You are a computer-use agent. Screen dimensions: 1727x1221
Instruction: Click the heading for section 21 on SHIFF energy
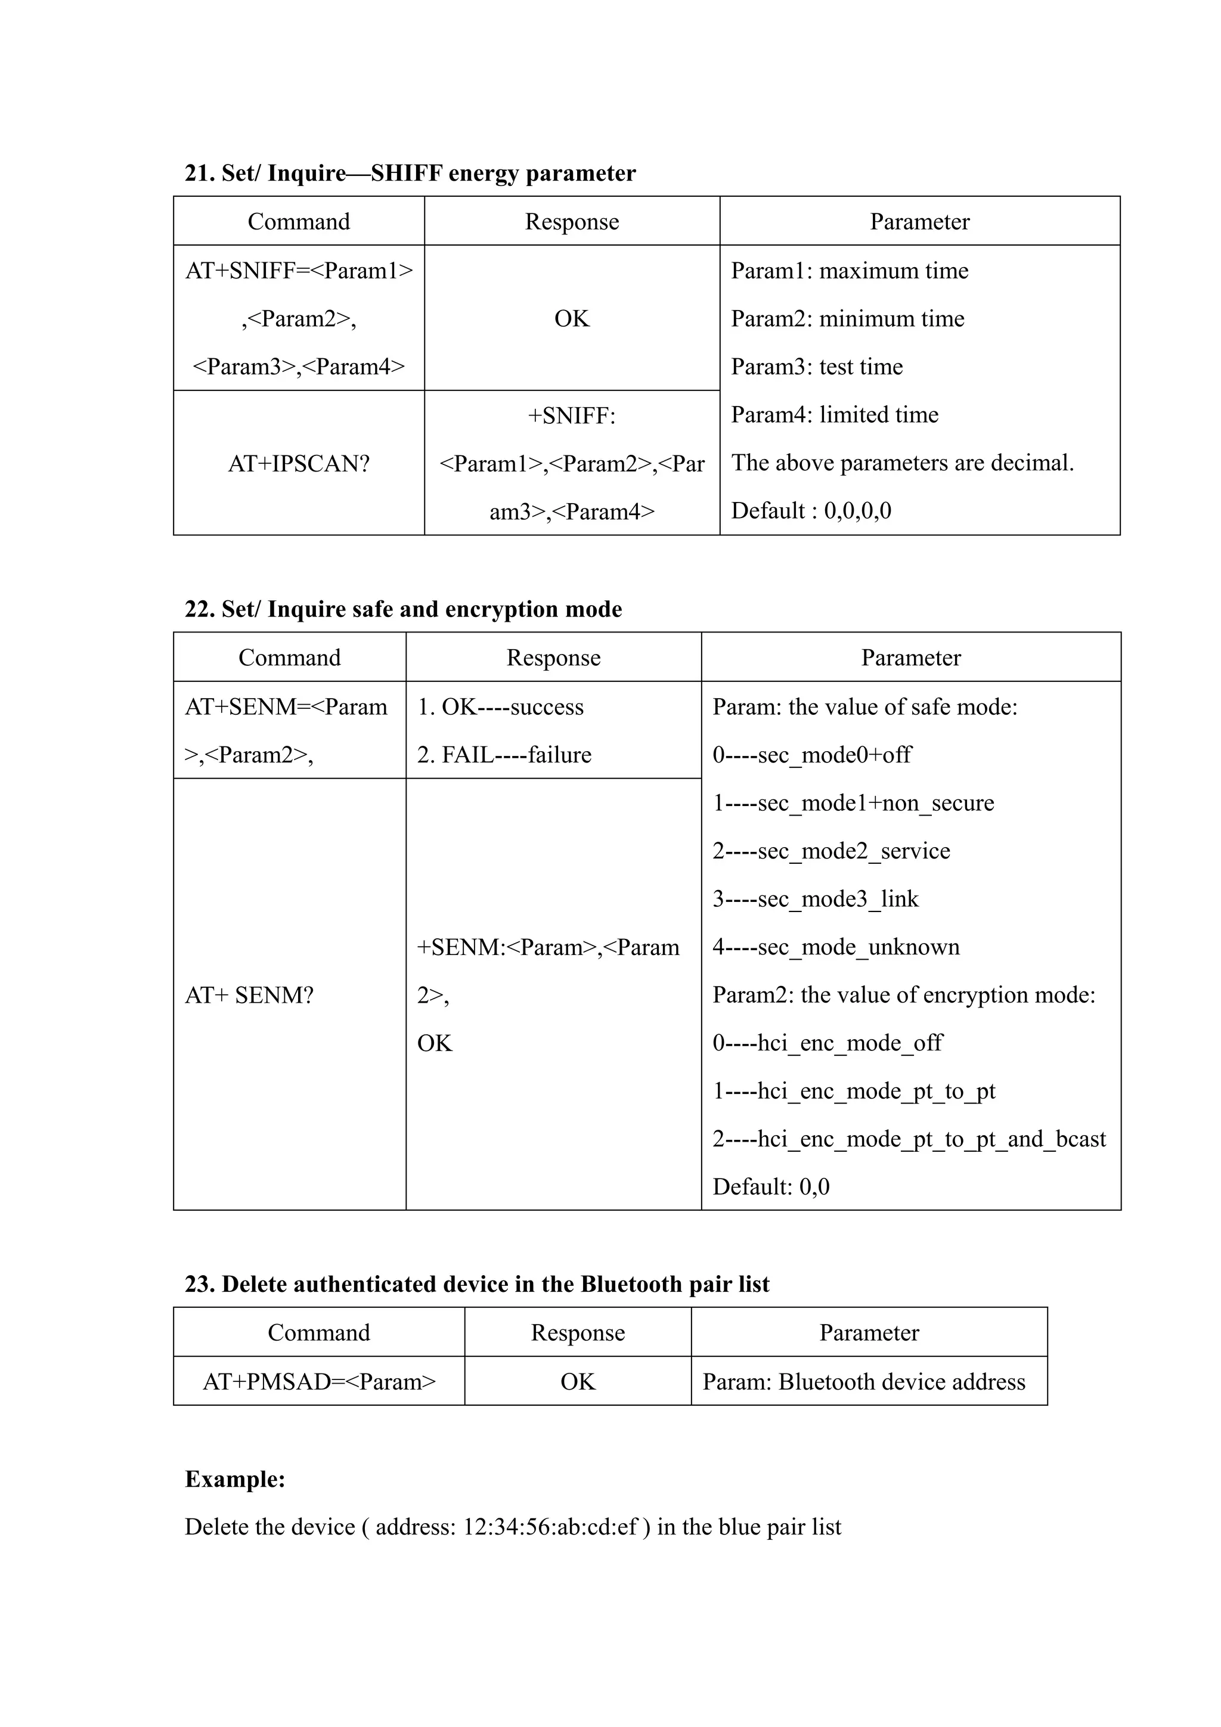tap(410, 173)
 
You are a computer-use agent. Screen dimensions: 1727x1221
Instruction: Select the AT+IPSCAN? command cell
tap(299, 463)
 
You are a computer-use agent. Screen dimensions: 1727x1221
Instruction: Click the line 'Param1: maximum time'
tap(850, 270)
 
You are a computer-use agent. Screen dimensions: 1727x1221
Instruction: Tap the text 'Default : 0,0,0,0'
tap(811, 511)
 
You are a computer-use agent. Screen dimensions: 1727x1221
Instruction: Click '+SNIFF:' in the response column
tap(572, 415)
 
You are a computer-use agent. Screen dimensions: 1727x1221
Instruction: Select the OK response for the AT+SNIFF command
tap(572, 318)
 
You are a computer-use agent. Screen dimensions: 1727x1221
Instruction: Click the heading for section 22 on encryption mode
tap(403, 609)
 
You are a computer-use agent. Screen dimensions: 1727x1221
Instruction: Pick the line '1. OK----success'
tap(500, 706)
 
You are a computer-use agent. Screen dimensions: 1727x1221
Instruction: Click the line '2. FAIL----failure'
tap(504, 755)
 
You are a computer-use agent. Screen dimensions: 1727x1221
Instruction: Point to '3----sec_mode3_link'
tap(816, 899)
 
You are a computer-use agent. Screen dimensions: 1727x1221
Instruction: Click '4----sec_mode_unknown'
tap(836, 947)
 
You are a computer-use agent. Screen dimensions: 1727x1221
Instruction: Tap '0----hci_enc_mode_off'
tap(828, 1043)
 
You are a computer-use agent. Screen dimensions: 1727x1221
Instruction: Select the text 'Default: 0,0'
tap(770, 1187)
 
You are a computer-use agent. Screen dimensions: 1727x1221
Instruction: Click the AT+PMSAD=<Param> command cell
tap(319, 1382)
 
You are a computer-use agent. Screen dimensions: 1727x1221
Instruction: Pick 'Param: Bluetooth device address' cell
tap(864, 1382)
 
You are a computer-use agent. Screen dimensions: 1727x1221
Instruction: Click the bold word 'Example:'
tap(235, 1479)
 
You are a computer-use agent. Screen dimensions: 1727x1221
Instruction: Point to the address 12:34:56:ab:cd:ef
tap(550, 1527)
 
